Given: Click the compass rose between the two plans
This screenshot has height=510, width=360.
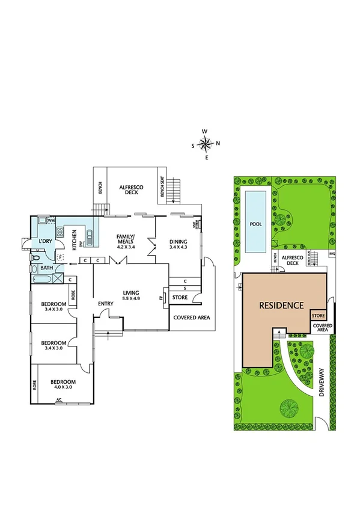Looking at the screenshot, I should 205,144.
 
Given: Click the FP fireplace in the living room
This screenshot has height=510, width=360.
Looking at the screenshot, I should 160,298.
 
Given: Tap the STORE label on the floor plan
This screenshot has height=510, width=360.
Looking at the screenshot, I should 180,297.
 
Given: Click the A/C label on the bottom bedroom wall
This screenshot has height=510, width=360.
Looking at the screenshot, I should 59,399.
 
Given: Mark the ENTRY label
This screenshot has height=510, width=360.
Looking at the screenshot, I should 106,304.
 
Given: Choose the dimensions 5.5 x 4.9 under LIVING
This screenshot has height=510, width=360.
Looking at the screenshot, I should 130,298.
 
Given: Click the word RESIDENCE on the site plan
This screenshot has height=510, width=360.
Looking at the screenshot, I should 281,305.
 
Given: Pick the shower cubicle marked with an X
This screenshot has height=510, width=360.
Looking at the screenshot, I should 59,278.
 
